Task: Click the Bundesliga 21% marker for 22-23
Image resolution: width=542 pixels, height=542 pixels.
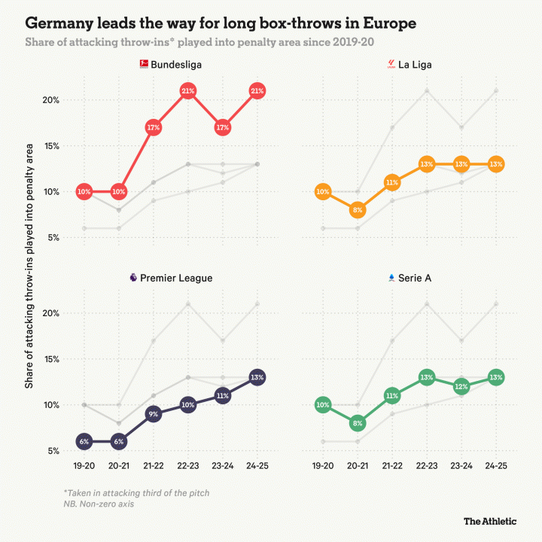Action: pyautogui.click(x=188, y=91)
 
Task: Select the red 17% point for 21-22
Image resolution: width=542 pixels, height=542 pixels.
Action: pyautogui.click(x=153, y=127)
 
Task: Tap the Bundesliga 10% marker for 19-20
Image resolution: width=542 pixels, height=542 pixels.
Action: pyautogui.click(x=84, y=192)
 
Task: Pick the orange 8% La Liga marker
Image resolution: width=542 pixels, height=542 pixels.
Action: pyautogui.click(x=358, y=211)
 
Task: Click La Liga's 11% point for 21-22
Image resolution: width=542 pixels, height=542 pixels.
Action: pyautogui.click(x=392, y=182)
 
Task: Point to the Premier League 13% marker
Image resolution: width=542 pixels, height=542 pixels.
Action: pyautogui.click(x=257, y=377)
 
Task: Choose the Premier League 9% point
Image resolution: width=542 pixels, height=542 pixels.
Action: pyautogui.click(x=153, y=413)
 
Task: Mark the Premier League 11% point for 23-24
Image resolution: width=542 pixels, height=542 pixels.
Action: pyautogui.click(x=223, y=395)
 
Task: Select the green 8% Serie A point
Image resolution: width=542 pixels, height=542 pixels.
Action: pyautogui.click(x=358, y=423)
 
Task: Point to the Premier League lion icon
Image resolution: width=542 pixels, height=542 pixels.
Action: pyautogui.click(x=133, y=278)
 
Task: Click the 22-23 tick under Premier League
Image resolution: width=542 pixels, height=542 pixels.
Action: pyautogui.click(x=188, y=467)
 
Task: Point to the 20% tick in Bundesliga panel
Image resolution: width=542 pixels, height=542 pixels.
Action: pyautogui.click(x=61, y=100)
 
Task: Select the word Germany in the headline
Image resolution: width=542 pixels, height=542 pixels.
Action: pyautogui.click(x=61, y=23)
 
